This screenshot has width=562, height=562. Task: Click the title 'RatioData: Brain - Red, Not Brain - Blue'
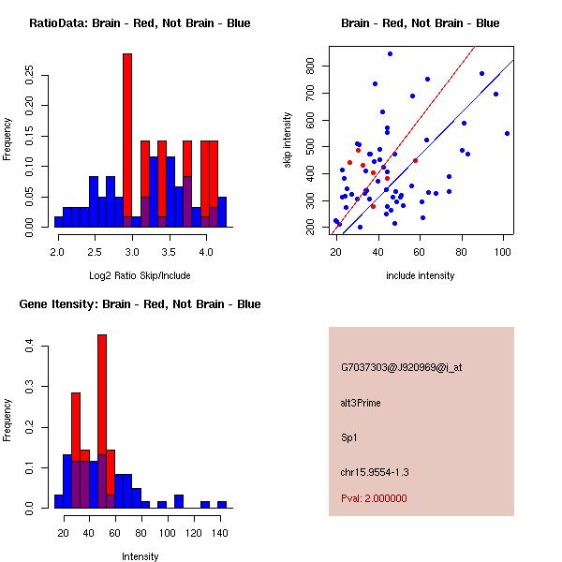point(140,22)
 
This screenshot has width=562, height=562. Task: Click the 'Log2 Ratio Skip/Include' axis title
point(140,274)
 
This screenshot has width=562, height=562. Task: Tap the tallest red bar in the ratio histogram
point(127,140)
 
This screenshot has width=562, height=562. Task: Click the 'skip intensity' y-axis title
point(288,140)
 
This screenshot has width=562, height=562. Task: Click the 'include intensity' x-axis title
point(420,275)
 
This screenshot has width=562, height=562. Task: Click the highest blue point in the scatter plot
point(390,54)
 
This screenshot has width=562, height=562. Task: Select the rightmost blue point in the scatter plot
point(507,133)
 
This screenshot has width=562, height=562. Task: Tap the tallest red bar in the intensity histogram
point(102,421)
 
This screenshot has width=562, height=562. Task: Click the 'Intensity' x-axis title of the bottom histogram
point(140,556)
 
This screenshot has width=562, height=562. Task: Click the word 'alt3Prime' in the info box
point(361,403)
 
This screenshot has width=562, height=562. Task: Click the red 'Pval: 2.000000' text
point(374,498)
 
